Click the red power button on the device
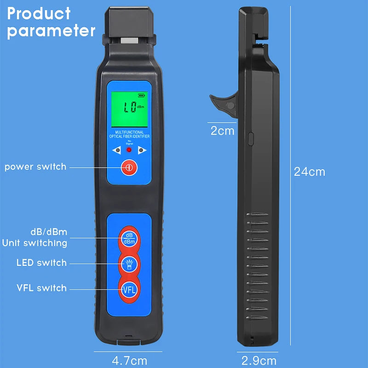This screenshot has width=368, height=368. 129,167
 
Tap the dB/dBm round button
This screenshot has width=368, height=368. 129,238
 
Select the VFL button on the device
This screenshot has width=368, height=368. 129,289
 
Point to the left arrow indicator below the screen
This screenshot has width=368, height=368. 118,150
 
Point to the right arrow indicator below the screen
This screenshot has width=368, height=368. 141,150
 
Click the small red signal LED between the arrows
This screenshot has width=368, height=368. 129,150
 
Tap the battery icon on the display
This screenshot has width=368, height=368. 140,96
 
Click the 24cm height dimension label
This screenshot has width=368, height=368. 310,172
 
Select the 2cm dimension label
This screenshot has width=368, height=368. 222,131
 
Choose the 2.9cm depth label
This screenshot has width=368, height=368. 259,360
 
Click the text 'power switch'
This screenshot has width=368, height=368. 35,167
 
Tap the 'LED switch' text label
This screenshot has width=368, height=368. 41,263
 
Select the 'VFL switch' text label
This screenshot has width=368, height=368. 41,288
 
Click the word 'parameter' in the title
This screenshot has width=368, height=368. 51,30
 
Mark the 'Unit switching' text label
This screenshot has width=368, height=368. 34,243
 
